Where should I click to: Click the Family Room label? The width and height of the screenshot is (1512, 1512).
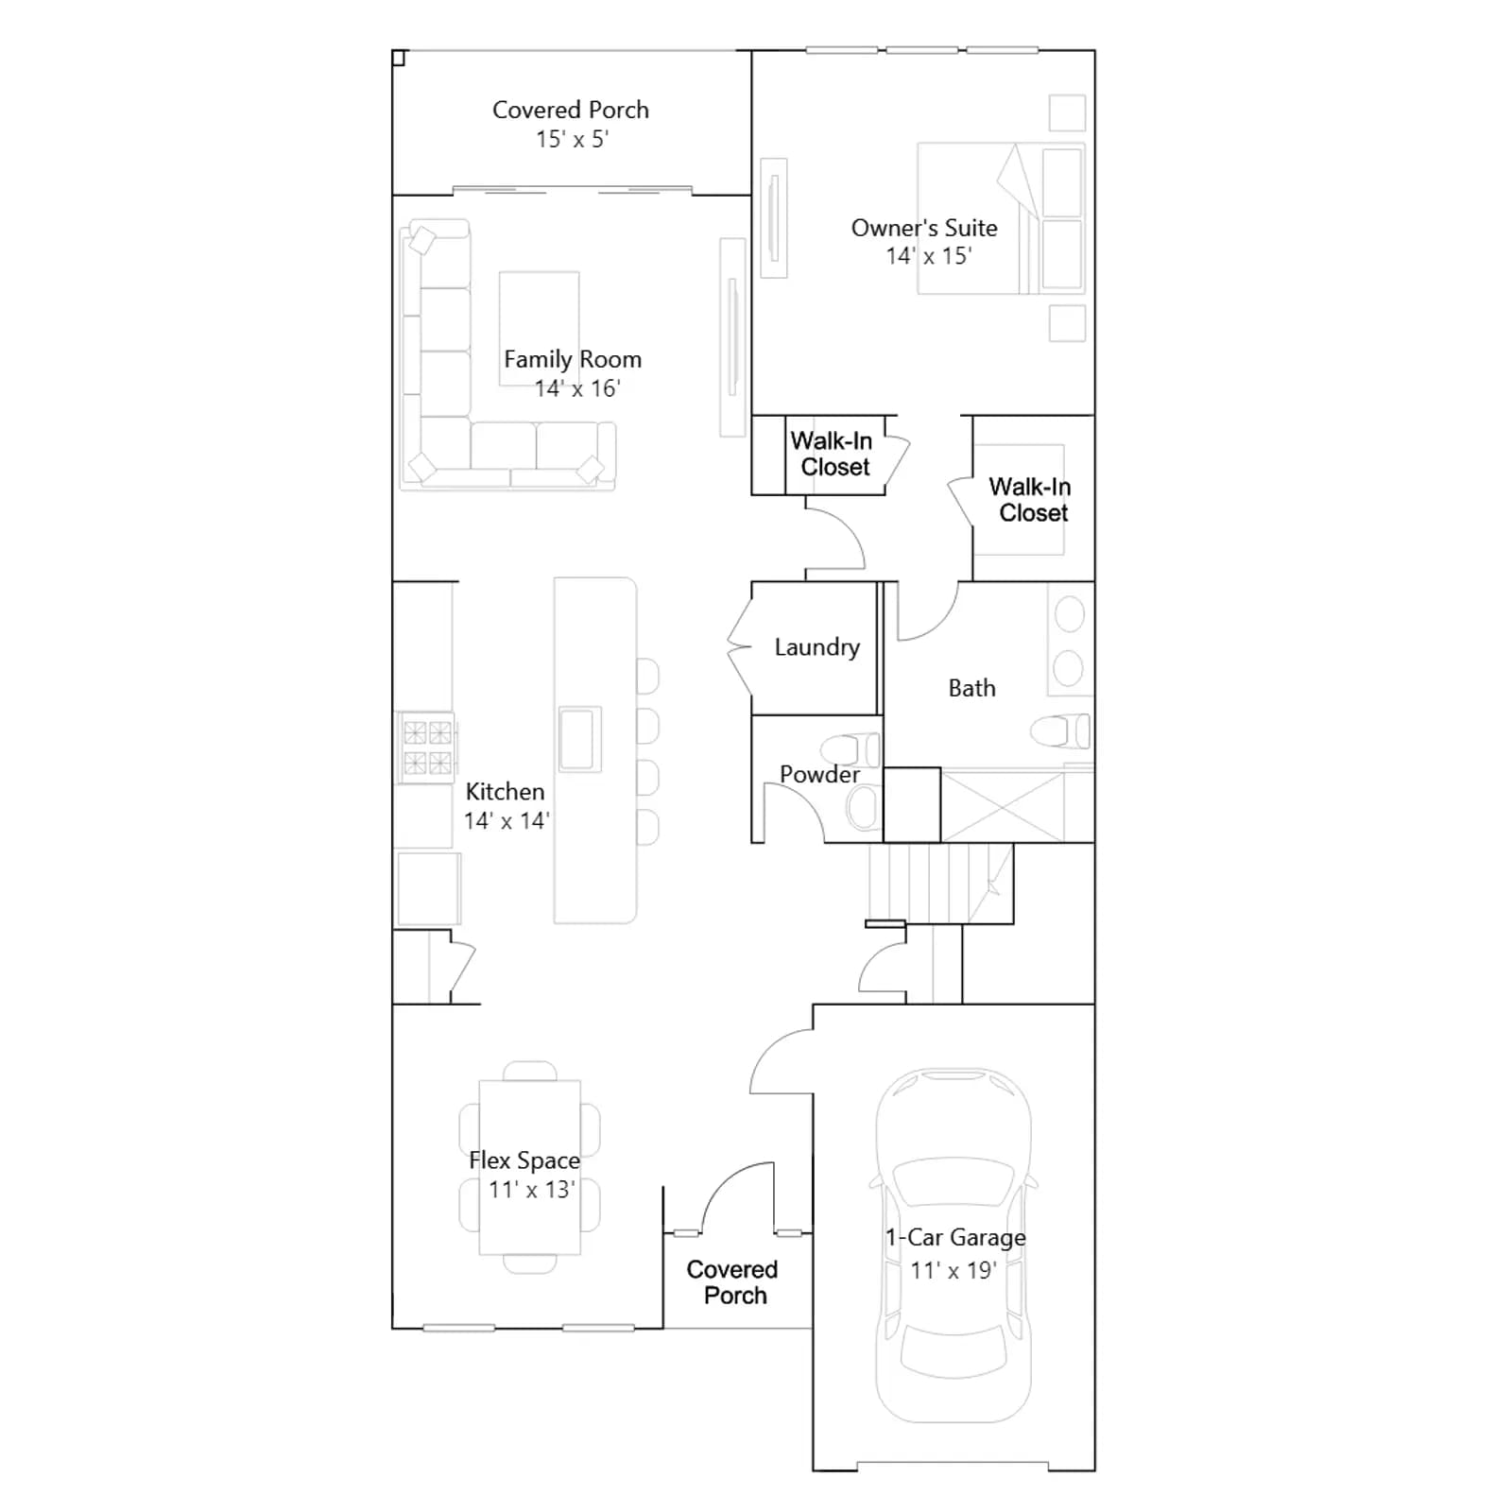click(573, 359)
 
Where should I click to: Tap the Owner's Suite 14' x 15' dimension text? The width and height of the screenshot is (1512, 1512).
click(929, 256)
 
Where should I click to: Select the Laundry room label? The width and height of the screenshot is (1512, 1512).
click(817, 647)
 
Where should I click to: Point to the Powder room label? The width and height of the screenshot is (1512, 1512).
click(819, 774)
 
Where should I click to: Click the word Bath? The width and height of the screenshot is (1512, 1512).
click(972, 688)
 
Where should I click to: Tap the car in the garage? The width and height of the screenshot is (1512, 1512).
click(954, 1246)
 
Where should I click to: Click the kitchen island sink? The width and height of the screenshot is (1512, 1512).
click(580, 739)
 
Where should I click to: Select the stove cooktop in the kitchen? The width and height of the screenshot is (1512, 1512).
click(427, 747)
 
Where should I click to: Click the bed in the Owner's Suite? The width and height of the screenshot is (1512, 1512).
click(1001, 218)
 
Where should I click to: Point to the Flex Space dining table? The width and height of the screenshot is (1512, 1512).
click(529, 1167)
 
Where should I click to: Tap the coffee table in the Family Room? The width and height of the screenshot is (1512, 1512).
click(539, 328)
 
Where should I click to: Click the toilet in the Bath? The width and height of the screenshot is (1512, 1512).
click(1059, 730)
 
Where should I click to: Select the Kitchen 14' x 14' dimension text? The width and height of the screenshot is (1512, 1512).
click(507, 820)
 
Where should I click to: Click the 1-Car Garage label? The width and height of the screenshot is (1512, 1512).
click(955, 1237)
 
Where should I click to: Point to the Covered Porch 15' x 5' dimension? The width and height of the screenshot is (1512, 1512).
click(572, 139)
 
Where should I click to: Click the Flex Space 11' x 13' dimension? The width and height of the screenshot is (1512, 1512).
click(531, 1189)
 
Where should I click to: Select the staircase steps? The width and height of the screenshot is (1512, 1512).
click(940, 883)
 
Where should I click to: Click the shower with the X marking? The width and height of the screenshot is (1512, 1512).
click(1003, 806)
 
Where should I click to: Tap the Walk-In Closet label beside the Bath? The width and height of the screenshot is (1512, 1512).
click(1031, 500)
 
